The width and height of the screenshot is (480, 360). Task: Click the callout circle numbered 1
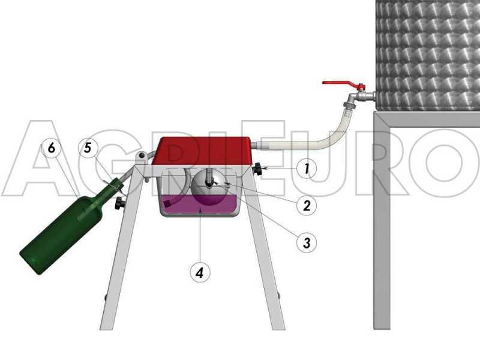pyautogui.click(x=307, y=169)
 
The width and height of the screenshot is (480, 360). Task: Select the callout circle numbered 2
pyautogui.click(x=307, y=205)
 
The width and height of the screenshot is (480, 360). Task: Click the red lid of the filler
pyautogui.click(x=202, y=151)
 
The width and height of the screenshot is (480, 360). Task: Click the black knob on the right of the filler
pyautogui.click(x=259, y=170)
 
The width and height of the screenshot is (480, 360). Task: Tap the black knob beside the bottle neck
pyautogui.click(x=120, y=203)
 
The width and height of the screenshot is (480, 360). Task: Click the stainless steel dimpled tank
pyautogui.click(x=427, y=54)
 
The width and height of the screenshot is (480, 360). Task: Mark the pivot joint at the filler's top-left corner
pyautogui.click(x=142, y=157)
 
